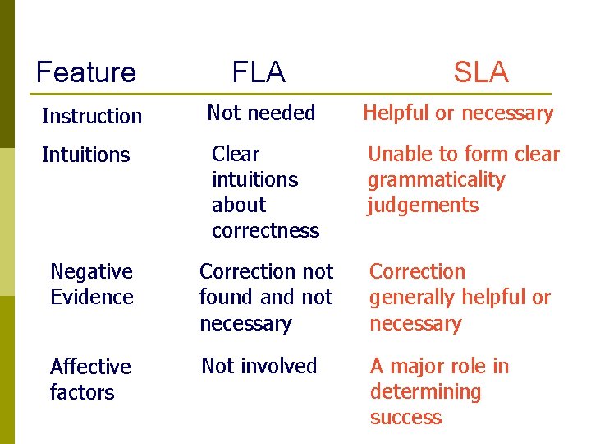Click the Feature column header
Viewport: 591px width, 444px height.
(86, 72)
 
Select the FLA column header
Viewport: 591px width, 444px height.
(259, 72)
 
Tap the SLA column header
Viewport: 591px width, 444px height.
(481, 72)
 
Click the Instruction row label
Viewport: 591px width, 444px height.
(91, 116)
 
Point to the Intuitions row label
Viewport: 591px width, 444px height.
(85, 155)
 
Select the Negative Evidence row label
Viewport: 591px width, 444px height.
(91, 284)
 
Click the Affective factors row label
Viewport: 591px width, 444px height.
(90, 379)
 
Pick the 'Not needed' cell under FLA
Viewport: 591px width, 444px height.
(261, 113)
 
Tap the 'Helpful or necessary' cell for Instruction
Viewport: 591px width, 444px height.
(458, 113)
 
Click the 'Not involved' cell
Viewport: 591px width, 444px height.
(259, 366)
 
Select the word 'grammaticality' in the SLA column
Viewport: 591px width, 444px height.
(436, 180)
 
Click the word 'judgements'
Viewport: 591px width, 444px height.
(422, 206)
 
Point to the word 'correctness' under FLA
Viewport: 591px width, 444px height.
(265, 231)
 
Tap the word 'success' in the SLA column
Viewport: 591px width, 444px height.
(405, 418)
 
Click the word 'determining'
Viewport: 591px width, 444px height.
(425, 392)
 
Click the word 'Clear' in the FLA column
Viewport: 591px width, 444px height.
(236, 155)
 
